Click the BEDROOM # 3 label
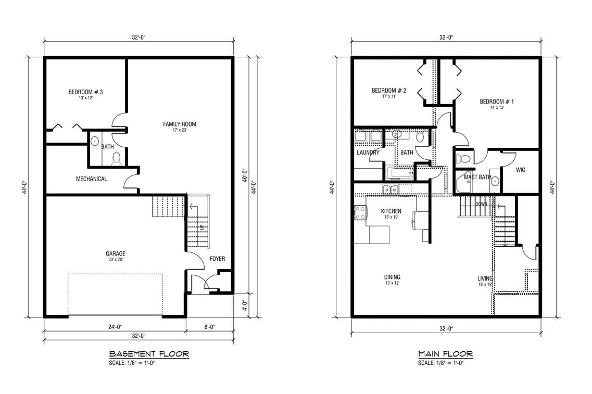pos(85,92)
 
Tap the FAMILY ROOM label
pos(180,124)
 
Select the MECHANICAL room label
pos(92,179)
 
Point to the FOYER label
pos(218,259)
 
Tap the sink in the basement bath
pos(95,141)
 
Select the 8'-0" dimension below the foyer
pos(209,327)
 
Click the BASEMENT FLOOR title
pos(148,354)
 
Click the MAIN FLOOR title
pos(445,354)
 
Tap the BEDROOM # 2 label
pos(388,91)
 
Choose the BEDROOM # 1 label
pos(497,101)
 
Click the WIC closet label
pos(520,170)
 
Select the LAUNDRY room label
pos(368,153)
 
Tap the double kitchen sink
pos(391,189)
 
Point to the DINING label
pos(392,277)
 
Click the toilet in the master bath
pos(463,159)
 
